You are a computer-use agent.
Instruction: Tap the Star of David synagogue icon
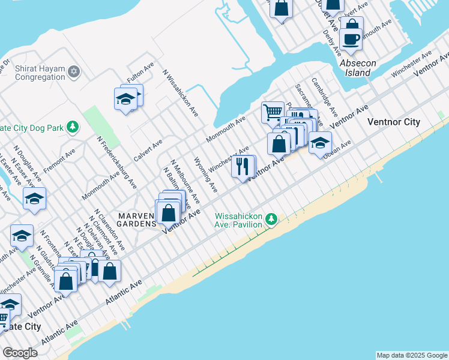point(74,72)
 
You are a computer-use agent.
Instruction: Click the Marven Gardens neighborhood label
point(139,220)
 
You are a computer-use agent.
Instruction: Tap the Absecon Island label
point(359,68)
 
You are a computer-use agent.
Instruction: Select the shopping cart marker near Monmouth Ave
point(272,112)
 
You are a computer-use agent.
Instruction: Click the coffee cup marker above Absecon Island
point(351,40)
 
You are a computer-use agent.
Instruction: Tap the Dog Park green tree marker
point(73,127)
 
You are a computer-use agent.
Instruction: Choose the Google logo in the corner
point(20,353)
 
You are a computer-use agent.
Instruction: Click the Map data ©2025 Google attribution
point(412,355)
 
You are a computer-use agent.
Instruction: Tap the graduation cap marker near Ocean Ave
point(320,143)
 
